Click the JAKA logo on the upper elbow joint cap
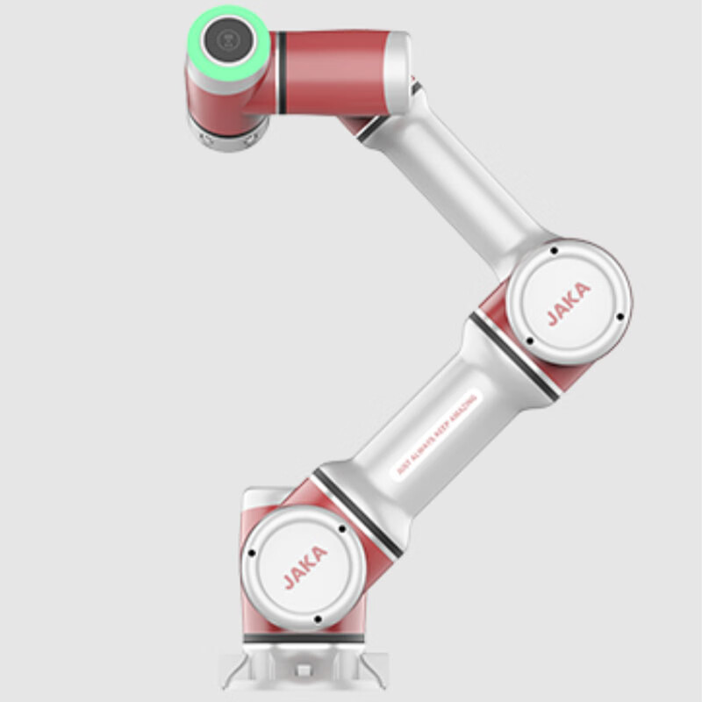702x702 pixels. tap(569, 303)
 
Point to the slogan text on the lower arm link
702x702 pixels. tap(436, 434)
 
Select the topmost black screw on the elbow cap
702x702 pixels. tap(554, 251)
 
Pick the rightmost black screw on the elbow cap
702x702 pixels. tap(620, 316)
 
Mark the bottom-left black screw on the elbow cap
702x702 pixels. tap(528, 340)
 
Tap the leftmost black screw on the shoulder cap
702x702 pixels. tap(251, 554)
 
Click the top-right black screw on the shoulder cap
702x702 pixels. tap(341, 530)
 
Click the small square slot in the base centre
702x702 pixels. tap(304, 671)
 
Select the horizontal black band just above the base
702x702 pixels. tap(303, 639)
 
